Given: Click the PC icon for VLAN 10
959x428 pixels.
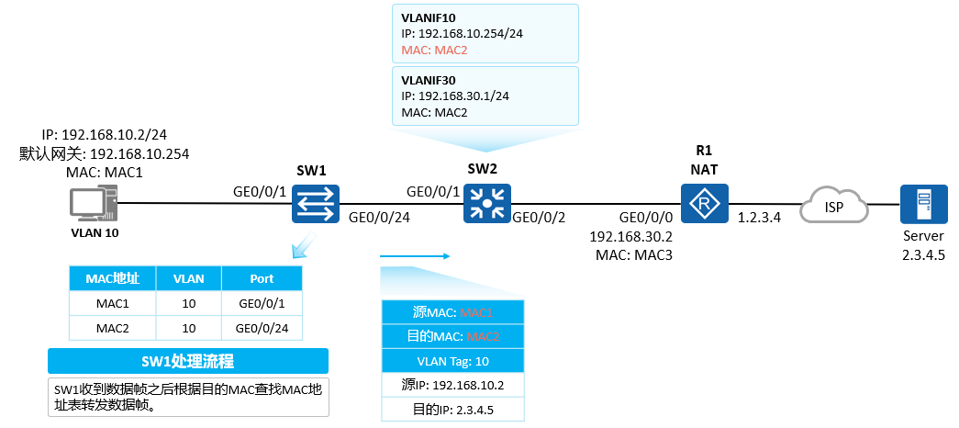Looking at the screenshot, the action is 93,205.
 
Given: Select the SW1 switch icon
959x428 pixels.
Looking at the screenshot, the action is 316,204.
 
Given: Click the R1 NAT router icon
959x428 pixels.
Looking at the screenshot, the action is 705,203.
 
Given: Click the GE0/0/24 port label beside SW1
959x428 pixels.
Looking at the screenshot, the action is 380,216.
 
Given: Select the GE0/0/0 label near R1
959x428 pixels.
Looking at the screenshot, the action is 646,216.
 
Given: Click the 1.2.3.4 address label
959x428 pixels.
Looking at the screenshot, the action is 759,216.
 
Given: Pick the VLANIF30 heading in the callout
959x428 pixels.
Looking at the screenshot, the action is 429,80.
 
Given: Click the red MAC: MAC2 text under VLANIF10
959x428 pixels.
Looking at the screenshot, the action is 434,51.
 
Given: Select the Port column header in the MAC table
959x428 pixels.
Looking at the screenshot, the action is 262,278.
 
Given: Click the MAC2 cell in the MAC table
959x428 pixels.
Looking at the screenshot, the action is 113,328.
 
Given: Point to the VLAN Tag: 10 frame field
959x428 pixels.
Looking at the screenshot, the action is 452,361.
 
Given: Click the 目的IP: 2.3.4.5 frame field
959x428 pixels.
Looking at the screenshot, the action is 452,411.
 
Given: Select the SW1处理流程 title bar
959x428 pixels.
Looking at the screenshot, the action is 188,361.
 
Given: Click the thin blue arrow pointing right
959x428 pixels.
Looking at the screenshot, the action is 416,256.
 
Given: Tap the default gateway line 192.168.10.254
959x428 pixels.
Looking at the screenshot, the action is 104,153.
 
